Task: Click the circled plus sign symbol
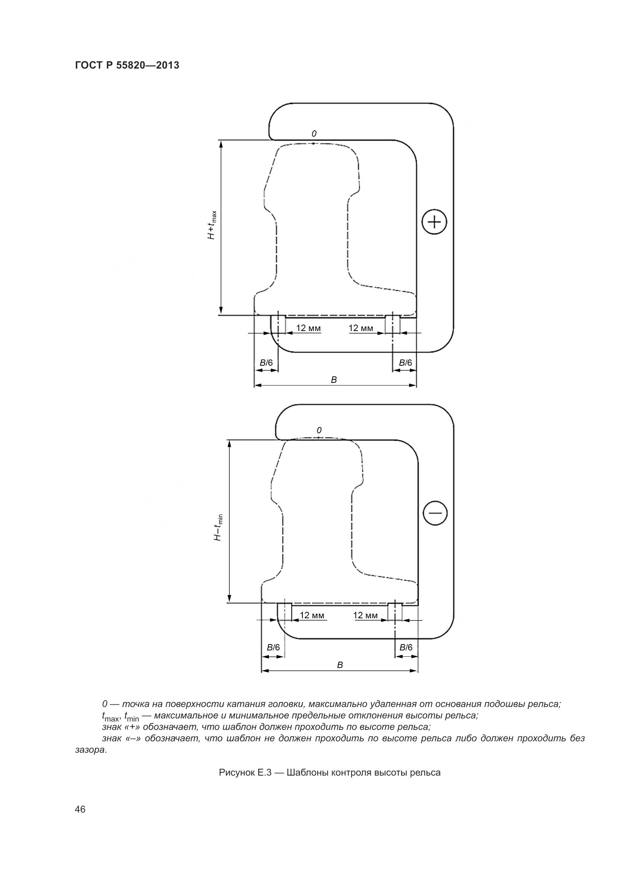click(435, 222)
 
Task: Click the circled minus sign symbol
click(435, 513)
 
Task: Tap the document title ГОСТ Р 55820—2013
click(127, 65)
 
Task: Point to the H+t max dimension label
click(212, 225)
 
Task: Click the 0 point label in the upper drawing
click(314, 134)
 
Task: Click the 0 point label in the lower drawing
click(319, 430)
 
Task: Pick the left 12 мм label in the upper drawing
click(309, 328)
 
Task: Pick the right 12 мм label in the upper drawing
click(361, 328)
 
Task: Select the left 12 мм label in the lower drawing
click(312, 616)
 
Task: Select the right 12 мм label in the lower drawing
click(365, 616)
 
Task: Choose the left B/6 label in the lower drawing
click(273, 647)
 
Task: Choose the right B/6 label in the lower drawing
click(406, 647)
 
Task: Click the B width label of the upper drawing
click(334, 380)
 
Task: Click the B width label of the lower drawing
click(340, 665)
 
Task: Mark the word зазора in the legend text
click(90, 750)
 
